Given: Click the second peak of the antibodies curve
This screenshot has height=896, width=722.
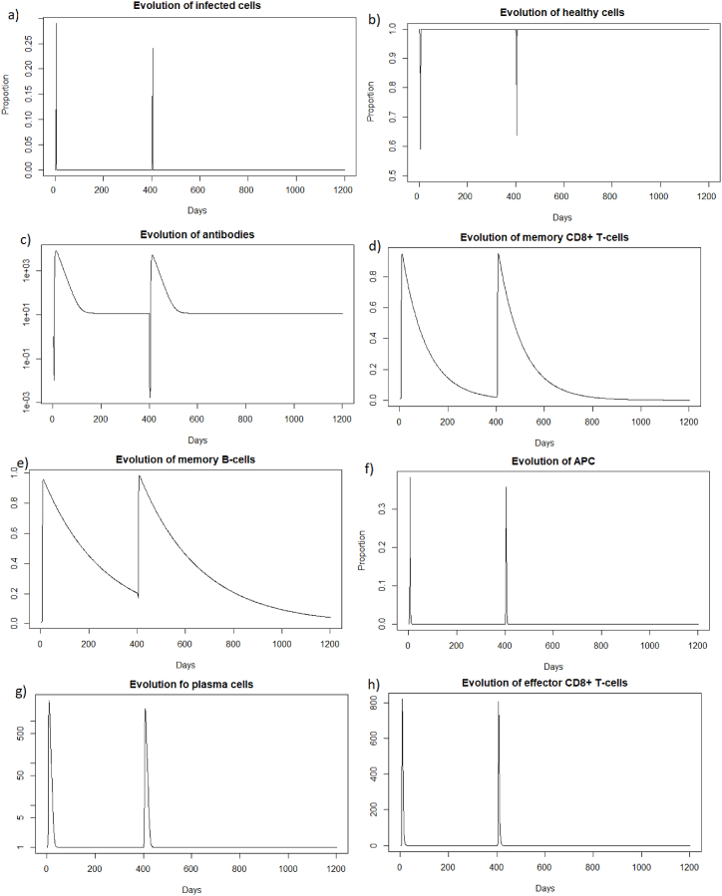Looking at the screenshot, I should (x=153, y=256).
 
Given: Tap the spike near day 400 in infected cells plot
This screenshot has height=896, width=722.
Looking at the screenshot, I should (x=153, y=49).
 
